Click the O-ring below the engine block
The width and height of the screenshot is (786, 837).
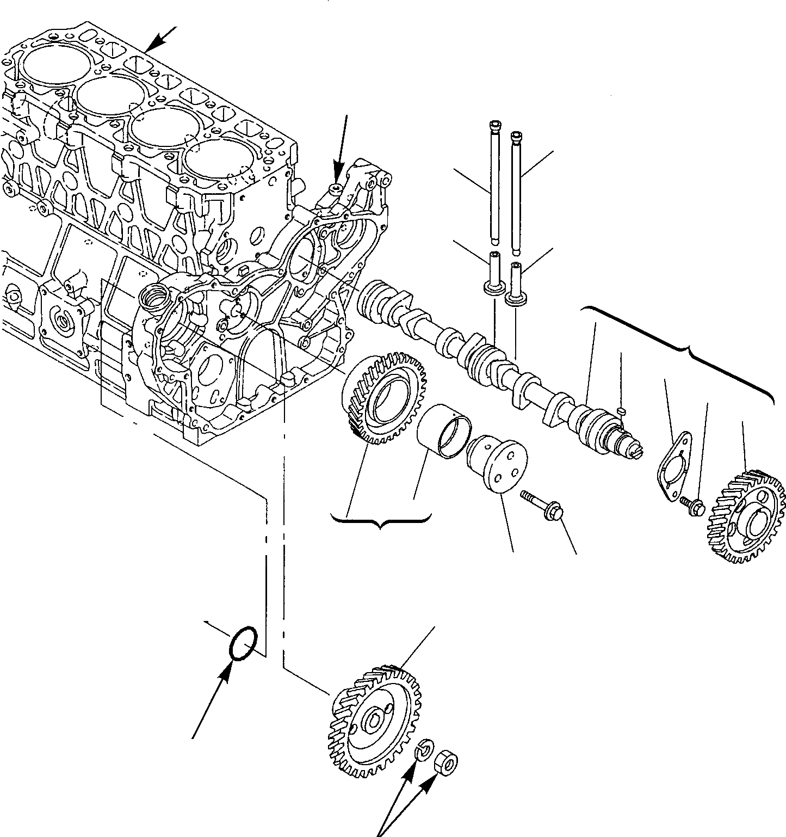click(243, 643)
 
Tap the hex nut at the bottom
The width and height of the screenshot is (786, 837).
click(447, 763)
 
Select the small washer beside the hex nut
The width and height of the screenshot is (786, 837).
click(423, 751)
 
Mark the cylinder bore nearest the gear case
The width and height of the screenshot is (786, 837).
click(218, 164)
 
